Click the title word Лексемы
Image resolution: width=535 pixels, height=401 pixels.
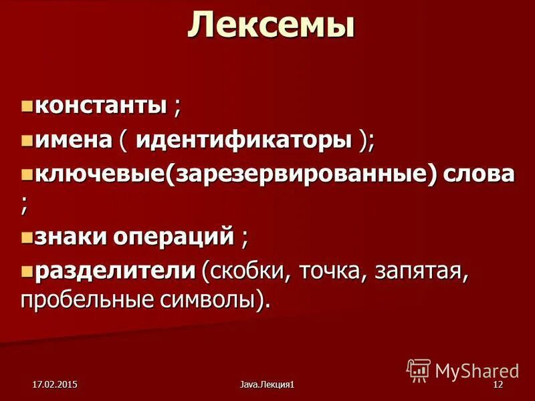pyautogui.click(x=270, y=27)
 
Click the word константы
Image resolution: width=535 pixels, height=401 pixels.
pyautogui.click(x=100, y=105)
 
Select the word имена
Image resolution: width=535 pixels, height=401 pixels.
pyautogui.click(x=73, y=140)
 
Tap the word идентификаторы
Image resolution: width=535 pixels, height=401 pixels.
pyautogui.click(x=244, y=140)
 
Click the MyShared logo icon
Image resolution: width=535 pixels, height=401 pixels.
pyautogui.click(x=419, y=370)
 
